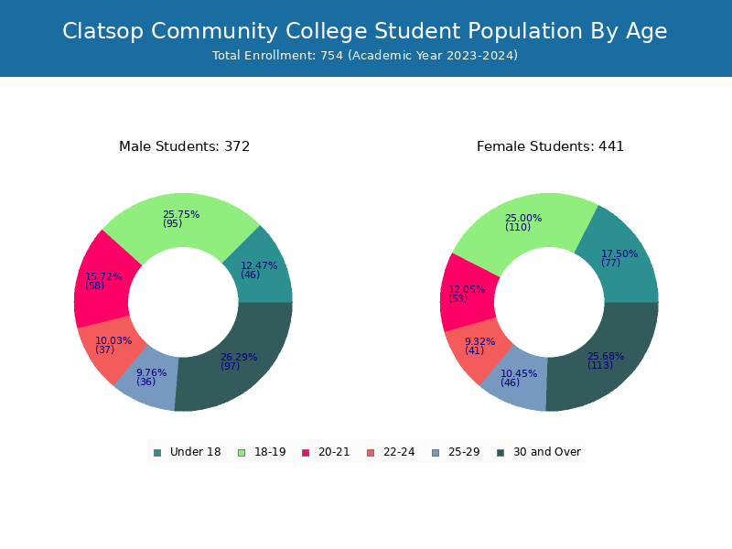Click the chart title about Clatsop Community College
(x=365, y=31)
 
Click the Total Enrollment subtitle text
(x=365, y=56)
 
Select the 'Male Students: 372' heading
(x=184, y=146)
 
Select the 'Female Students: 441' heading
(x=550, y=146)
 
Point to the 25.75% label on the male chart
(x=180, y=215)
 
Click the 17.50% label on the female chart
(x=619, y=253)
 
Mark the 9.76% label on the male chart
(x=151, y=372)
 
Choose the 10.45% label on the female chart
(x=519, y=373)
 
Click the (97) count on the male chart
(x=230, y=366)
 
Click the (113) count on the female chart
(x=599, y=365)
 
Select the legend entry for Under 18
(x=187, y=452)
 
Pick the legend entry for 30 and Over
(x=539, y=452)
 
